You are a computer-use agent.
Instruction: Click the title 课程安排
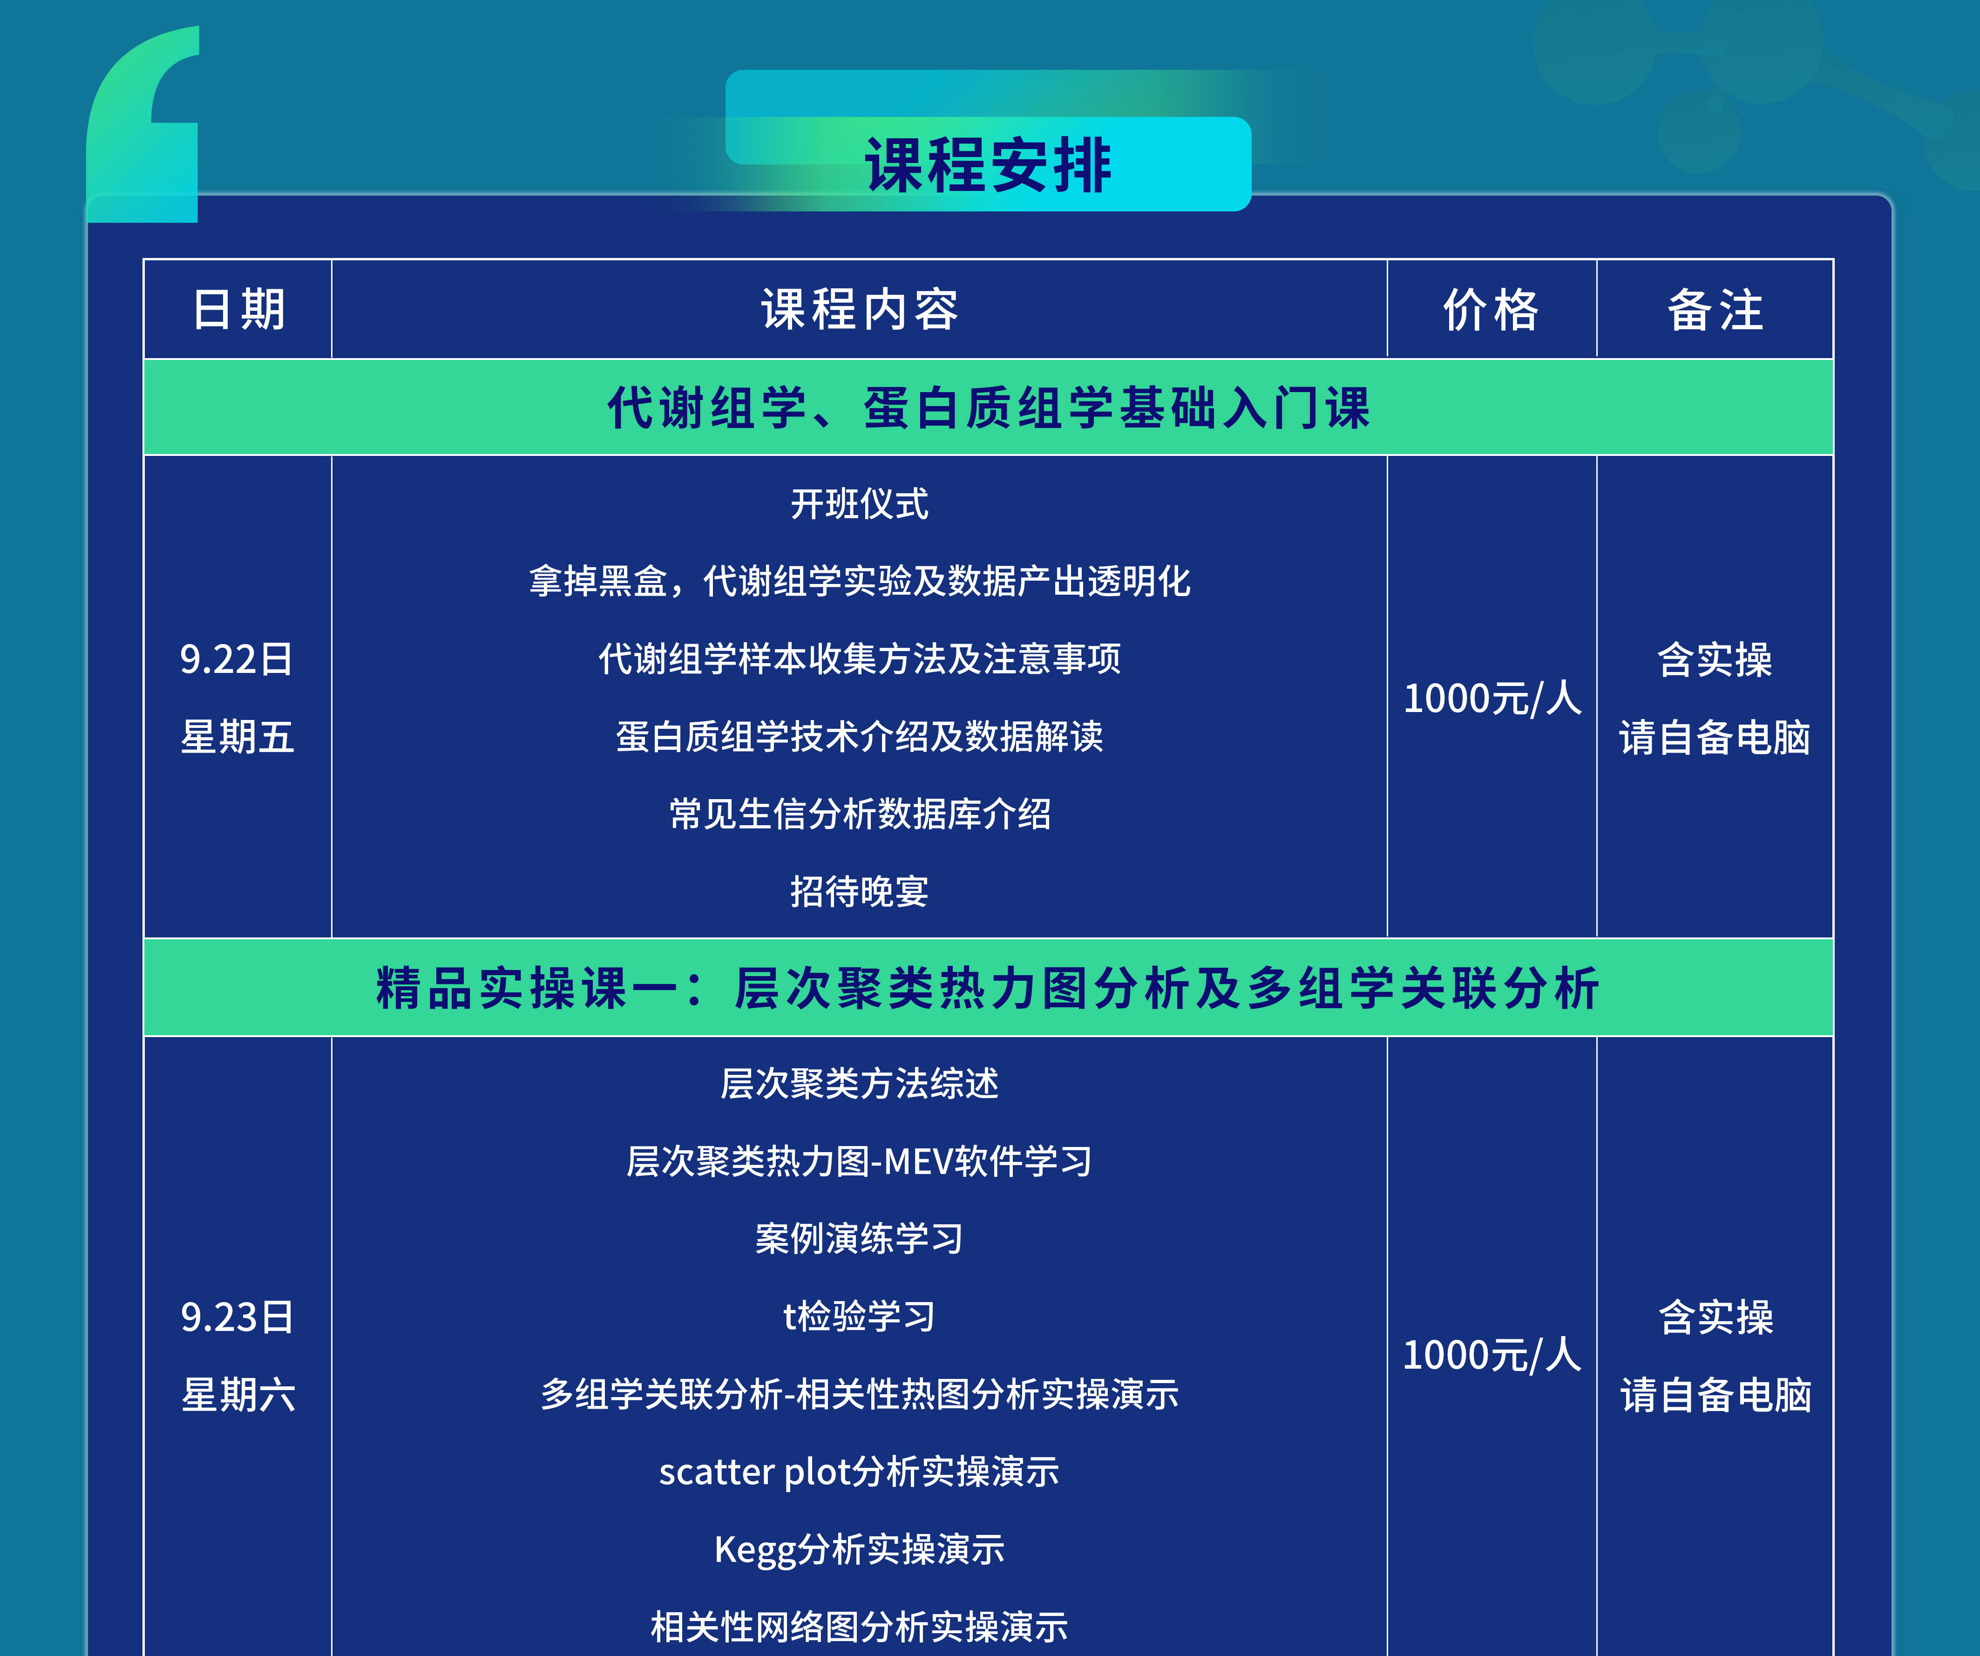[x=988, y=165]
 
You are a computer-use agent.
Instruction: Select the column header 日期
[x=238, y=309]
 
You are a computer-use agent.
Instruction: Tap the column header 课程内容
[x=859, y=309]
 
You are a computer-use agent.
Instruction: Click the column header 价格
[x=1491, y=309]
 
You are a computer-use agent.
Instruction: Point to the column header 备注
[x=1714, y=309]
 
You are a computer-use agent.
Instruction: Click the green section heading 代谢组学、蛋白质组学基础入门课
[x=988, y=407]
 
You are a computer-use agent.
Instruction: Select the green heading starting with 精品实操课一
[x=988, y=988]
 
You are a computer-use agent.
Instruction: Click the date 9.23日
[x=237, y=1317]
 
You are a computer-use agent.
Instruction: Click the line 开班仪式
[x=859, y=503]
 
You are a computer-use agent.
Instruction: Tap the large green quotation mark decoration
[x=146, y=122]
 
